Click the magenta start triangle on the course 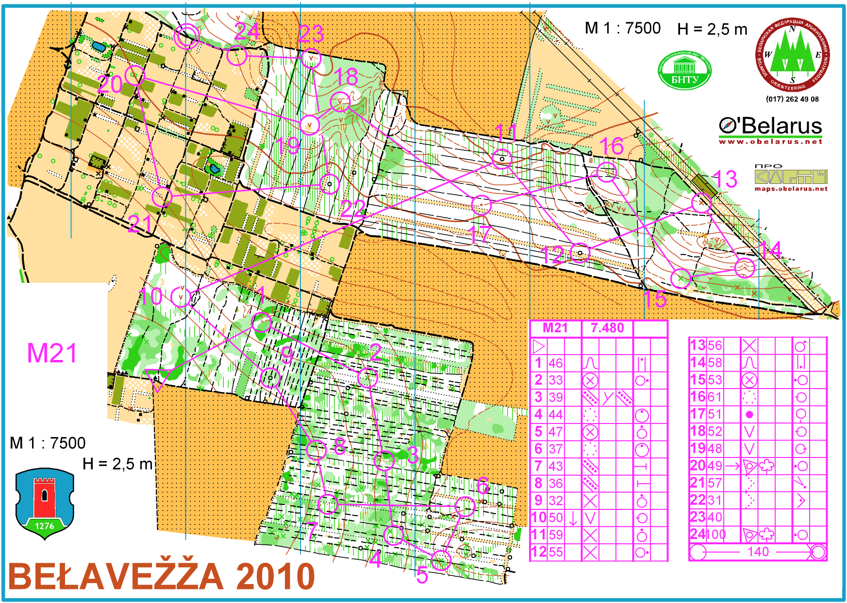click(x=157, y=378)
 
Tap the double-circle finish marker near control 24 click(x=186, y=36)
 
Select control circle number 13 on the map click(x=701, y=203)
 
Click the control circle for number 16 click(x=606, y=172)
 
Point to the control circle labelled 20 click(x=135, y=75)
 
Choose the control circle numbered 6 click(x=465, y=506)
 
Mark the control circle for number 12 click(x=580, y=252)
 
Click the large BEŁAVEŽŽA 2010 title click(x=162, y=576)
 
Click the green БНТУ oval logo click(x=684, y=71)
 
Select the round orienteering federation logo click(x=793, y=54)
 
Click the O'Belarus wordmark click(x=770, y=126)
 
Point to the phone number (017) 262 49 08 click(x=792, y=99)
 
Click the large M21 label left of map click(x=52, y=353)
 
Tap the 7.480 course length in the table click(x=607, y=328)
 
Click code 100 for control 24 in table click(x=715, y=535)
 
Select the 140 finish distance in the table click(x=758, y=552)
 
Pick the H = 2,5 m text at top click(x=712, y=29)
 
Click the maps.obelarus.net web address click(x=791, y=189)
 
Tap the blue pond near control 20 click(x=99, y=47)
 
